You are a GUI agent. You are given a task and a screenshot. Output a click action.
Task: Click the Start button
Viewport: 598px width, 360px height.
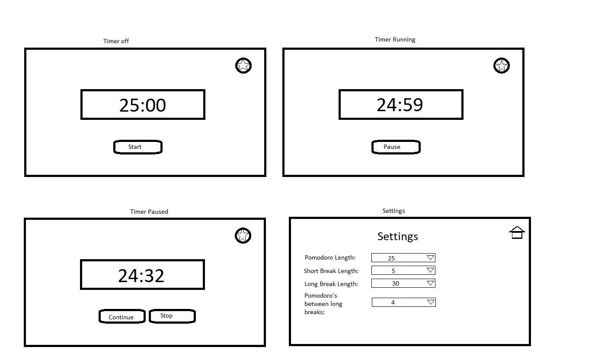(x=138, y=147)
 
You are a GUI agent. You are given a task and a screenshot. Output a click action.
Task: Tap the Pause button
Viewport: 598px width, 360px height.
(x=396, y=147)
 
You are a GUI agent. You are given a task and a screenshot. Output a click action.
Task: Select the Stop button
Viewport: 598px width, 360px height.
(x=172, y=316)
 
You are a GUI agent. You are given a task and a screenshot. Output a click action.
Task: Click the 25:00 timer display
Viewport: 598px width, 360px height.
(x=143, y=105)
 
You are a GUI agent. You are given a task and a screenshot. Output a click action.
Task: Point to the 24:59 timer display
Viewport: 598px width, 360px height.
(x=400, y=105)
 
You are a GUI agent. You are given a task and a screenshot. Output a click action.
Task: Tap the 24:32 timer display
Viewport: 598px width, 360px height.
(x=142, y=275)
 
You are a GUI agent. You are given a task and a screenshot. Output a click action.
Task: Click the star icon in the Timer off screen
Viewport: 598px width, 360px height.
(x=243, y=66)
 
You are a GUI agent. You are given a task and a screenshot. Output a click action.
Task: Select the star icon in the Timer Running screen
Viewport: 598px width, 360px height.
(x=502, y=66)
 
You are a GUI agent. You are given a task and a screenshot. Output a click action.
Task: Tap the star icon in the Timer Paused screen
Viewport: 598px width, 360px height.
(x=243, y=236)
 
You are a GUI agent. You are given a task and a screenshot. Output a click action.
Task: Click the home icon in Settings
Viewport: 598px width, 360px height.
(x=517, y=233)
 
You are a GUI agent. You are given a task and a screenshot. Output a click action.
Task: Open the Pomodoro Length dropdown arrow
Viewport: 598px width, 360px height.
(x=430, y=258)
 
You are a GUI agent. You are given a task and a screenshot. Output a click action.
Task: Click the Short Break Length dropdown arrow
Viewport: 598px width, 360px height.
(x=430, y=270)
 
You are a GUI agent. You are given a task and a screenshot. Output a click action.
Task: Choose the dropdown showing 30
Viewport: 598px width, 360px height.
(x=403, y=283)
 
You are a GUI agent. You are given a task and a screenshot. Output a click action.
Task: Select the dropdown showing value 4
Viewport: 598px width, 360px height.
(x=403, y=302)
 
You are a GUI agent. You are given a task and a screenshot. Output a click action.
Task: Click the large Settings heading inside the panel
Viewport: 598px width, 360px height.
(x=398, y=236)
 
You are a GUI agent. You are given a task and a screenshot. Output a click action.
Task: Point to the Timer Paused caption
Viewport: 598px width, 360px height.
(x=149, y=212)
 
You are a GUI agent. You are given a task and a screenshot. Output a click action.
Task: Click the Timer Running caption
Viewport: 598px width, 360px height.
(x=395, y=39)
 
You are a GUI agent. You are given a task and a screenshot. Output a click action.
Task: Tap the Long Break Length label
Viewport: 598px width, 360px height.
(x=331, y=284)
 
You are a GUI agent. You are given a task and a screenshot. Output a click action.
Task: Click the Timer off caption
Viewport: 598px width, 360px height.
(x=116, y=41)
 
